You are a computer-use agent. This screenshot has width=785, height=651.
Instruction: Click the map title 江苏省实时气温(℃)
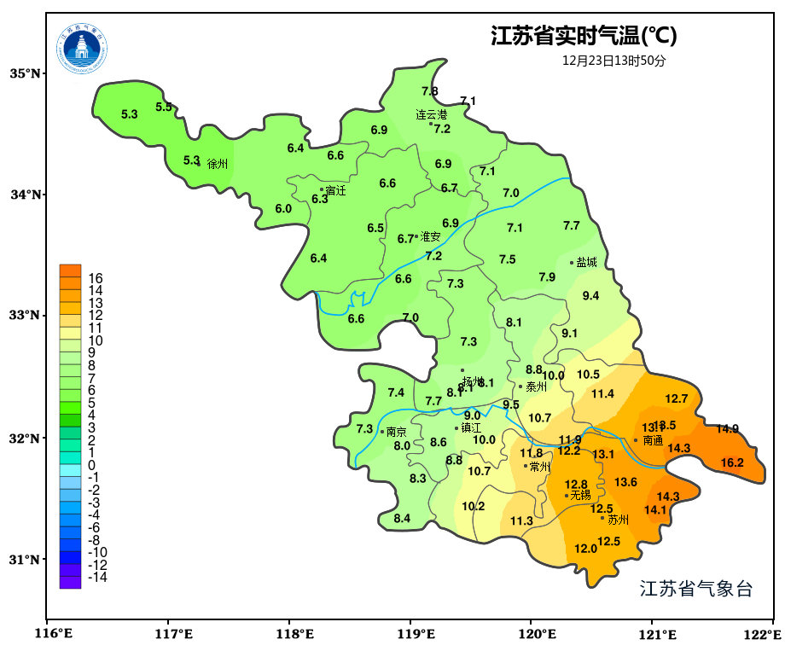click(584, 37)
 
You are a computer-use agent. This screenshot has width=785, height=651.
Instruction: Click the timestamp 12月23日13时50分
click(613, 61)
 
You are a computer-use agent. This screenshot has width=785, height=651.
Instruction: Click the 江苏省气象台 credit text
click(696, 589)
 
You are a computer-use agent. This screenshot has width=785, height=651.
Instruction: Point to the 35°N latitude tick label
click(26, 73)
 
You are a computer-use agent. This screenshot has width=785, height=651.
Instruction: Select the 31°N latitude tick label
click(26, 560)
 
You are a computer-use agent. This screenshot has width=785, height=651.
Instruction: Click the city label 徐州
click(218, 164)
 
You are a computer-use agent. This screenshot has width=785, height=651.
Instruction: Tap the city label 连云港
click(432, 114)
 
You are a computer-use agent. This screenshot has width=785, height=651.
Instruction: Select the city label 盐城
click(586, 263)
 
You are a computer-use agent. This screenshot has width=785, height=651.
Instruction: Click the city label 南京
click(397, 432)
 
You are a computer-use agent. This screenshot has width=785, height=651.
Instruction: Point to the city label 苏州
click(618, 519)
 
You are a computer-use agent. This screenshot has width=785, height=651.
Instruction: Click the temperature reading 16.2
click(732, 463)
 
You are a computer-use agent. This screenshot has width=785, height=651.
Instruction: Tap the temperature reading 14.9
click(727, 429)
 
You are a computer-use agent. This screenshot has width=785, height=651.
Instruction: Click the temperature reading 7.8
click(430, 91)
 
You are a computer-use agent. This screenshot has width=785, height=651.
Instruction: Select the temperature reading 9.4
click(590, 296)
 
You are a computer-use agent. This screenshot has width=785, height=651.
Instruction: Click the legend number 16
click(96, 278)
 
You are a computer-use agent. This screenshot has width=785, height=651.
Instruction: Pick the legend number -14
click(97, 578)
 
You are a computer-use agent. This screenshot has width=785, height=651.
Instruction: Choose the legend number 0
click(91, 465)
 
